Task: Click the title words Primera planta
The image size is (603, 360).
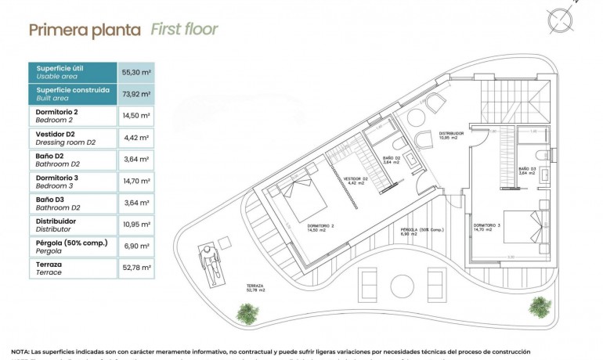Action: (85, 31)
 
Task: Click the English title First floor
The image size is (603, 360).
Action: (184, 31)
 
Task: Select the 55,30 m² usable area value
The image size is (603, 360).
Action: (136, 72)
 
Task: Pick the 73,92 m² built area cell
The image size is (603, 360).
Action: (136, 94)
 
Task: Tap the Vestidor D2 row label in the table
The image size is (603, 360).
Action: (62, 139)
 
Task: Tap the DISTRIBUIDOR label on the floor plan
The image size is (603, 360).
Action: (451, 135)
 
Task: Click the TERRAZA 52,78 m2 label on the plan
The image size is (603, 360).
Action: (256, 287)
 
